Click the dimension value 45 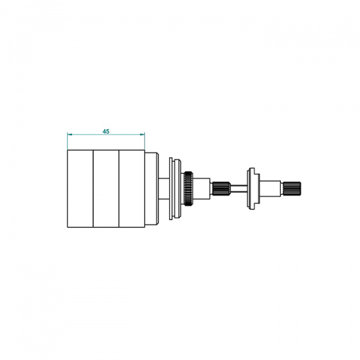(x=106, y=131)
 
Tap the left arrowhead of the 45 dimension (x=70, y=134)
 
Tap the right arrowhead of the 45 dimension (x=143, y=134)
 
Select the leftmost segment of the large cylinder (x=80, y=189)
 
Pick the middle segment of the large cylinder (x=106, y=189)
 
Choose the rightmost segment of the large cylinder (x=132, y=189)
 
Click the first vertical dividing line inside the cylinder (x=93, y=189)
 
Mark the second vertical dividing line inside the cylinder (x=119, y=189)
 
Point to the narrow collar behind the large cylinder (x=152, y=188)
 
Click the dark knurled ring (x=188, y=188)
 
